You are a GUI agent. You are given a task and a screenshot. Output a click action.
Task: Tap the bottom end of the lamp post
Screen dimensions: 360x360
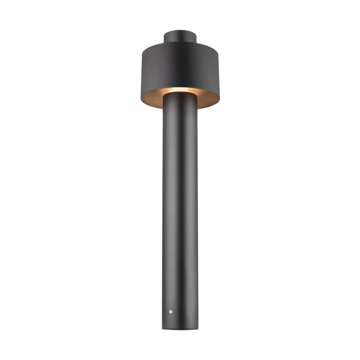[180, 327]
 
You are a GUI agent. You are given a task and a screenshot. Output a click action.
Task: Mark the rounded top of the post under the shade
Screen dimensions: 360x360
[180, 94]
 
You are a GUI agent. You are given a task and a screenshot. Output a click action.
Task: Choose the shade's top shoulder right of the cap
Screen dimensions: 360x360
[209, 45]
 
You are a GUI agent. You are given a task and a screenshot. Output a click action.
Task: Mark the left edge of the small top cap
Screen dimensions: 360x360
[164, 37]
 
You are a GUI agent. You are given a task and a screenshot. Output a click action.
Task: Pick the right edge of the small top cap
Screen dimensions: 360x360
[198, 37]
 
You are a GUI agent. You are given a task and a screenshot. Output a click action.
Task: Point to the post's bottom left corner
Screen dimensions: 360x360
[164, 327]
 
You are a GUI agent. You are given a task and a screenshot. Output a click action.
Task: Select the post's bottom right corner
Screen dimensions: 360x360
[196, 327]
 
